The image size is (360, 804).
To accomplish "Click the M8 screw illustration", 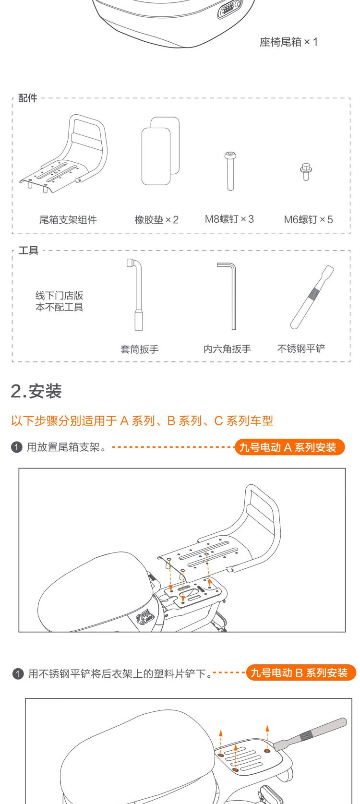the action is (x=230, y=171).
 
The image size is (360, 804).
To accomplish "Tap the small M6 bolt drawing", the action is (x=306, y=171).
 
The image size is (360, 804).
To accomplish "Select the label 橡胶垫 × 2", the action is (x=156, y=219).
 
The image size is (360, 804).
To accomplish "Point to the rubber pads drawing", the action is (x=160, y=151).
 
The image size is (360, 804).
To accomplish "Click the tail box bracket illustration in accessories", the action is (x=63, y=154).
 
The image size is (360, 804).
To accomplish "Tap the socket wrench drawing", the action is (x=135, y=295).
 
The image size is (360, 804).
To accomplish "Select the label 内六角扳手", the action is (x=227, y=348).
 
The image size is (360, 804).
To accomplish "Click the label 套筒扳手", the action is (x=140, y=349).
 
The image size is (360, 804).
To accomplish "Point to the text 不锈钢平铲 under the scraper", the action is (x=301, y=348).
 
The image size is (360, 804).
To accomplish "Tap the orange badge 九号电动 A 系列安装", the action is (x=289, y=447).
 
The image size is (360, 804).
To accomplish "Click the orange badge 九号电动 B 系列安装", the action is (x=301, y=672).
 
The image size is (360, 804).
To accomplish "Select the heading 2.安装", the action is (x=36, y=391).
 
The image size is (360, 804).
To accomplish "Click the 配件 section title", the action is (x=28, y=97).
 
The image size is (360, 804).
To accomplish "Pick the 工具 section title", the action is (x=28, y=250).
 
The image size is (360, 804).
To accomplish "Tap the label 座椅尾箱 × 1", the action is (x=288, y=42).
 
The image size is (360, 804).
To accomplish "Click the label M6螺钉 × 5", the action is (x=308, y=219).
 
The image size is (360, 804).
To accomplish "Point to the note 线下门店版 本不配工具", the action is (x=59, y=301).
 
